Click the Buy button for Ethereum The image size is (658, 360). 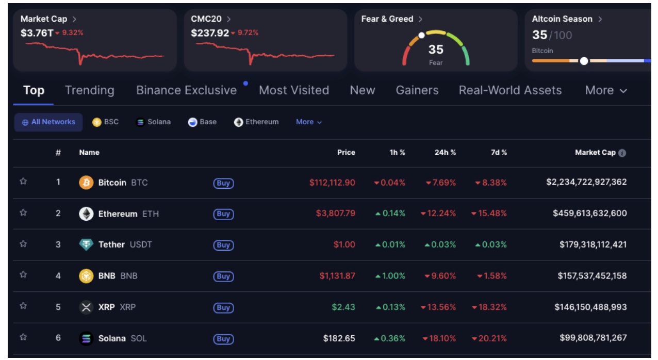click(223, 214)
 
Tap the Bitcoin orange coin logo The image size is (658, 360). click(86, 183)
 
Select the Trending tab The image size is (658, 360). click(90, 90)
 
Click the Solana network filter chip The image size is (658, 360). click(153, 122)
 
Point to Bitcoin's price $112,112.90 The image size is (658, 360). click(332, 183)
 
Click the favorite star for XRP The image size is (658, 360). click(23, 306)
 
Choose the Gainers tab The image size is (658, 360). click(417, 90)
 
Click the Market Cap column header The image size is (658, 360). click(595, 153)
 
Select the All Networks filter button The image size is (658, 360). click(48, 122)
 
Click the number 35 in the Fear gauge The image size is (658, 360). click(436, 50)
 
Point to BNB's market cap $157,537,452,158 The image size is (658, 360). click(592, 276)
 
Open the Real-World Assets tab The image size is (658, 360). click(510, 90)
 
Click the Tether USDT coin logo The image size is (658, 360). click(86, 245)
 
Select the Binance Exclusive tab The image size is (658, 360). click(186, 90)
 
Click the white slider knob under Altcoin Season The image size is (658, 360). click(584, 61)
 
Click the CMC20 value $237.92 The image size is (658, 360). click(210, 32)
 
